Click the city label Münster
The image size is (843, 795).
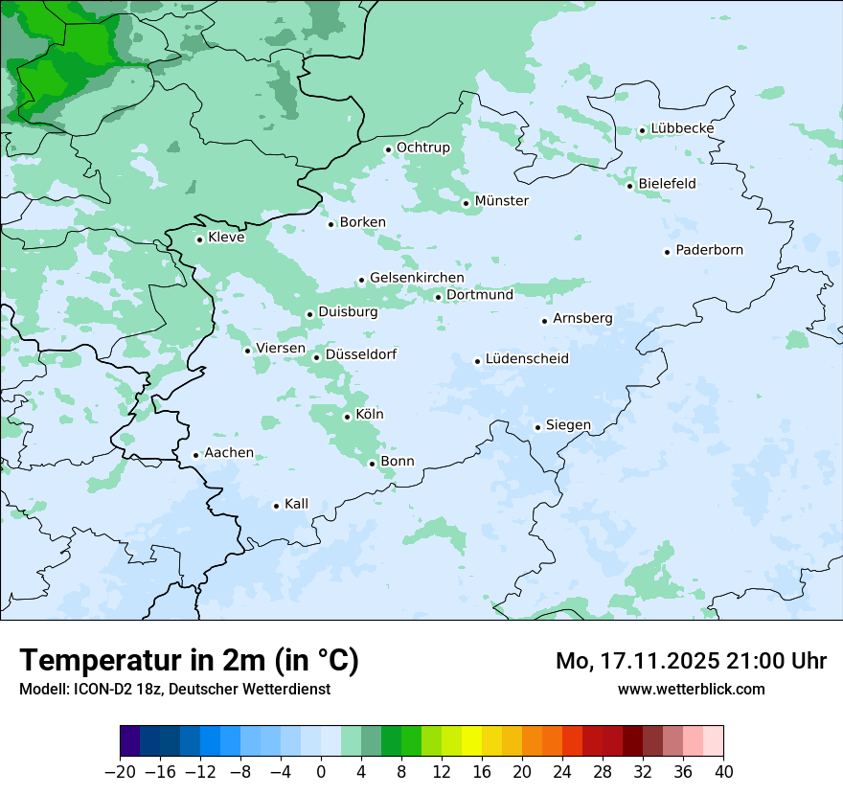tap(501, 201)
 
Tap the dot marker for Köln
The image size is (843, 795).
tap(347, 417)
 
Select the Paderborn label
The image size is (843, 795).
tap(709, 250)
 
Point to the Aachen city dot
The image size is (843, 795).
tap(195, 456)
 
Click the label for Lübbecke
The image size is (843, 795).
tap(682, 128)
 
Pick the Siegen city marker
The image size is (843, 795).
tap(537, 427)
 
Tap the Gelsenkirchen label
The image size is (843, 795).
tap(417, 278)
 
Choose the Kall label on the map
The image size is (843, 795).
tap(296, 504)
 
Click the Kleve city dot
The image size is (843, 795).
tap(199, 239)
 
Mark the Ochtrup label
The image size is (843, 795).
tap(422, 148)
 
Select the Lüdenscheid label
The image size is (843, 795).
tap(527, 359)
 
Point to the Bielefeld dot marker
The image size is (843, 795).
tap(629, 186)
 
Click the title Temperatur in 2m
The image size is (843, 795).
tap(189, 661)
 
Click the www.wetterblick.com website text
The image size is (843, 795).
tap(691, 689)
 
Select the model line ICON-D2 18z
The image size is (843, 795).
tap(173, 689)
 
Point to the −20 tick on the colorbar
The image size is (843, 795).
tap(120, 771)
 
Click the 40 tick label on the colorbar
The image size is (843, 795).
tap(723, 771)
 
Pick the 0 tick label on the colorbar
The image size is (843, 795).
tap(321, 771)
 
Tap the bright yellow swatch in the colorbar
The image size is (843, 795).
tap(471, 741)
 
